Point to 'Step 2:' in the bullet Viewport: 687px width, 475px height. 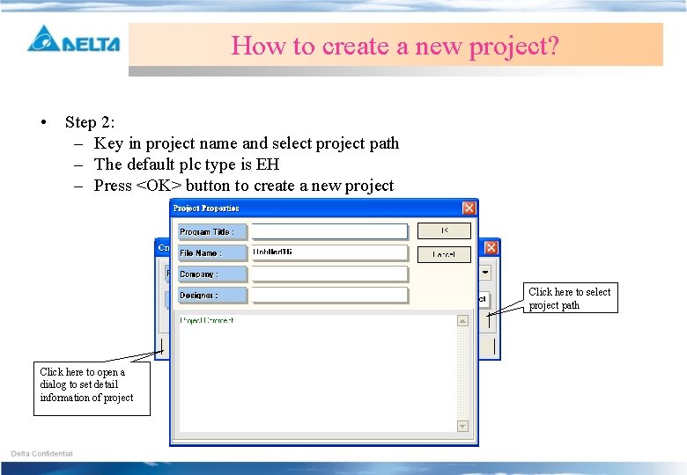(90, 122)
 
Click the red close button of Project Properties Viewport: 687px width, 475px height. (469, 208)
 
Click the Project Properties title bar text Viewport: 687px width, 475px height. (206, 208)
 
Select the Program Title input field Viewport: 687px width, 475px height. (329, 231)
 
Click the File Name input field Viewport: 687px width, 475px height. (329, 252)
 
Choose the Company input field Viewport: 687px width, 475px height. (329, 274)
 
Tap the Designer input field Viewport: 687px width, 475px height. (329, 296)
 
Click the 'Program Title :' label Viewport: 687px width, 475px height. (211, 232)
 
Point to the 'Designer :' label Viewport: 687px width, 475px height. (211, 296)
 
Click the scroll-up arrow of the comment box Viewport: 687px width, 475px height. (462, 321)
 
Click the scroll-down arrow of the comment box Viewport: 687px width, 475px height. (462, 426)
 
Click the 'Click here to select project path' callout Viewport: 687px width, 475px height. (569, 298)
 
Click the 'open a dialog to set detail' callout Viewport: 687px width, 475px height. (92, 385)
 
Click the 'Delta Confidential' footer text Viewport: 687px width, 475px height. (42, 454)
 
